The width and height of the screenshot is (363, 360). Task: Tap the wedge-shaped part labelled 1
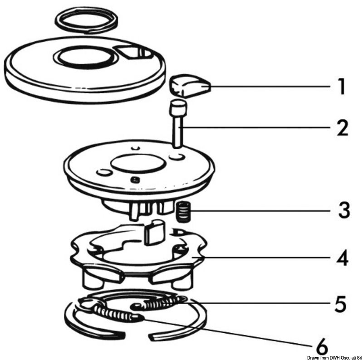189,85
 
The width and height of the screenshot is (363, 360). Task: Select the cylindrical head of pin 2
177,109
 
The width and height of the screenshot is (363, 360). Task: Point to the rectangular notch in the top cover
134,53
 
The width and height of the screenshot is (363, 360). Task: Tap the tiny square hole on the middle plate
134,180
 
